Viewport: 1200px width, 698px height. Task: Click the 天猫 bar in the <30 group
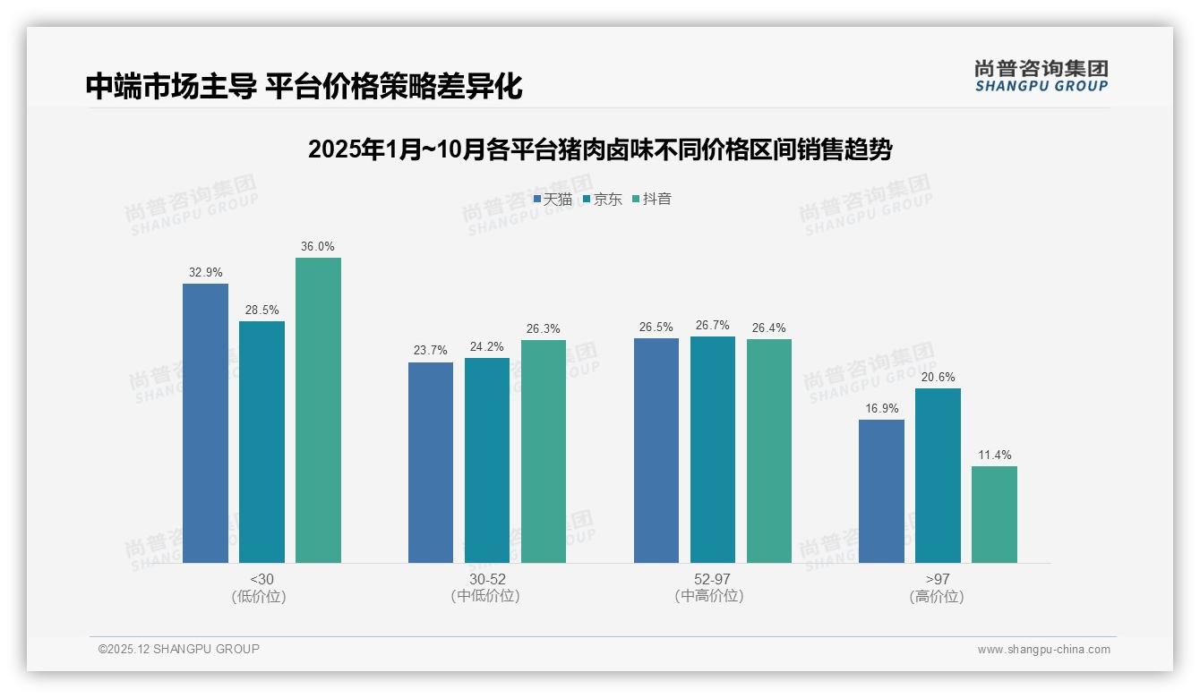[205, 423]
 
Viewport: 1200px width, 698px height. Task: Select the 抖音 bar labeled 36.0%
[318, 410]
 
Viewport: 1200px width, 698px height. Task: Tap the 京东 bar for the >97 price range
[938, 475]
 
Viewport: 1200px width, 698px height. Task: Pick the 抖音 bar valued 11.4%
[994, 515]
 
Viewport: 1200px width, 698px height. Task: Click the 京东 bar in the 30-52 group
[486, 460]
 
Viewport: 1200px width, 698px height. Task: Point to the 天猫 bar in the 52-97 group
[656, 450]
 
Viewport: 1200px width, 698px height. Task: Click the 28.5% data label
[261, 310]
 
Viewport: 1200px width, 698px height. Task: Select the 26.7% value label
[712, 325]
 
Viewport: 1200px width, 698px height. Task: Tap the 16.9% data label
[881, 408]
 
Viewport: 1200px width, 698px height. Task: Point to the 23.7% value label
[431, 350]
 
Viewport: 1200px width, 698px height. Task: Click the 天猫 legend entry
[553, 199]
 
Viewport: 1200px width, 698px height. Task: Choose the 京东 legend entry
[603, 199]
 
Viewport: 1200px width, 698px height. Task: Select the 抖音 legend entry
[652, 199]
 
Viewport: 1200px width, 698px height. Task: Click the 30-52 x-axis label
[486, 579]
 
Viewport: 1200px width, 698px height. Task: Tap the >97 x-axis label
[938, 579]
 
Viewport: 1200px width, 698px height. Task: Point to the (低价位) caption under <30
[261, 596]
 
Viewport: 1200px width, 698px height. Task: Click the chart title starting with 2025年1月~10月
[599, 149]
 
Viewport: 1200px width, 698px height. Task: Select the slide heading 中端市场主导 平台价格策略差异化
[304, 86]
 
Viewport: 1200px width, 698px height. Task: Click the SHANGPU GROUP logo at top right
[1041, 75]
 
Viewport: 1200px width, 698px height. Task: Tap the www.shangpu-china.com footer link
[1043, 649]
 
